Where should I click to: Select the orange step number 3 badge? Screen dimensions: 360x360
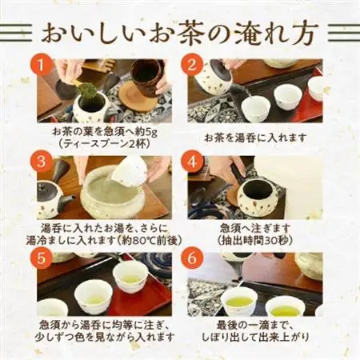[45, 162]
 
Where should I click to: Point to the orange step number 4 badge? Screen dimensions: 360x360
[193, 162]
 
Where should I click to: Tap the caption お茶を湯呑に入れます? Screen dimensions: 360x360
[254, 137]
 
